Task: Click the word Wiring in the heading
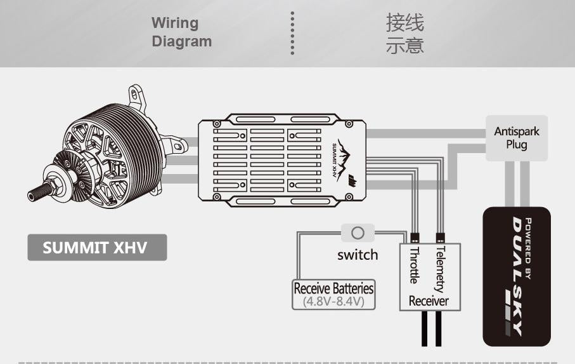(x=175, y=24)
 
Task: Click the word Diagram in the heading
(x=182, y=41)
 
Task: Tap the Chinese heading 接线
(x=405, y=22)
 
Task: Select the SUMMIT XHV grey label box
(x=97, y=248)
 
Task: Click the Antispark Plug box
(x=517, y=138)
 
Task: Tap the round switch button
(x=358, y=233)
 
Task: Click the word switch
(x=358, y=255)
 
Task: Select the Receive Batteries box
(x=333, y=295)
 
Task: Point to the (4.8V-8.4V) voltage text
(x=333, y=302)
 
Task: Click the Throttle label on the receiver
(x=415, y=265)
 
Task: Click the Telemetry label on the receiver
(x=440, y=269)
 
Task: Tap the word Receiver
(x=429, y=301)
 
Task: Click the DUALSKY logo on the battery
(x=517, y=276)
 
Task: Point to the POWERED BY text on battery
(x=528, y=248)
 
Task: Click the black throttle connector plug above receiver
(x=415, y=238)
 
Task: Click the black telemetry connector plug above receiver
(x=441, y=238)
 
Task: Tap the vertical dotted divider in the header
(x=292, y=33)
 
